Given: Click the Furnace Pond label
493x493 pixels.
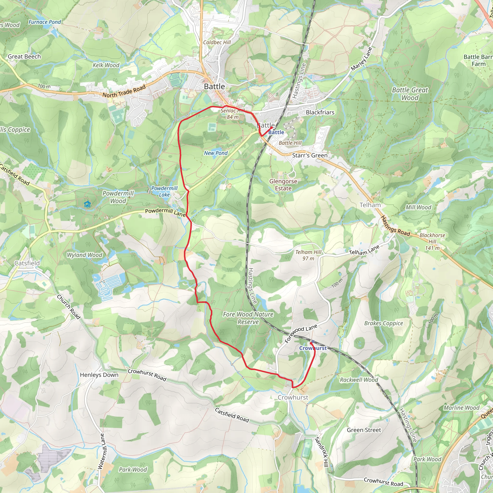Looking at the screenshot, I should (45, 22).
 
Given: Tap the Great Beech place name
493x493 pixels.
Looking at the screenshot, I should (24, 57).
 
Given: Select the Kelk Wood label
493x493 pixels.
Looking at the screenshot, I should (106, 65).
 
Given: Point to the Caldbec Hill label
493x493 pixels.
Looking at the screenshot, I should (217, 42).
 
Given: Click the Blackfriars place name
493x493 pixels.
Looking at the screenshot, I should (320, 112).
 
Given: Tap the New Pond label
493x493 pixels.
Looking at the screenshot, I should (216, 153).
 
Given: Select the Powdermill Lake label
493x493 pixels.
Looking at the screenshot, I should (164, 191).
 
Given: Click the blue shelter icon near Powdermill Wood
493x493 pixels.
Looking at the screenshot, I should (87, 204).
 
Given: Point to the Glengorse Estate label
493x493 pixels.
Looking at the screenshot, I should (283, 185).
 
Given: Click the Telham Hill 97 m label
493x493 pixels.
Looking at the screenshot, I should (308, 255).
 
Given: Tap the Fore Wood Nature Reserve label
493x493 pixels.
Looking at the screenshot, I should (248, 318).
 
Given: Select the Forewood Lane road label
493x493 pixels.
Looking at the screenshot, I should (301, 333).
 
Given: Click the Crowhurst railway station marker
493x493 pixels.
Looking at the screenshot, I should (313, 341).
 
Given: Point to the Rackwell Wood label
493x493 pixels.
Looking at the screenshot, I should (359, 380).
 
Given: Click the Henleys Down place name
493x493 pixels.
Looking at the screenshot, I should (99, 375).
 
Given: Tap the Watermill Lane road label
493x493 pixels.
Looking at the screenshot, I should (101, 451).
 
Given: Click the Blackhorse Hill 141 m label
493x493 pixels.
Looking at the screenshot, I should (432, 241).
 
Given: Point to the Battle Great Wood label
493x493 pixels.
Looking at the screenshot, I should (410, 94).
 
